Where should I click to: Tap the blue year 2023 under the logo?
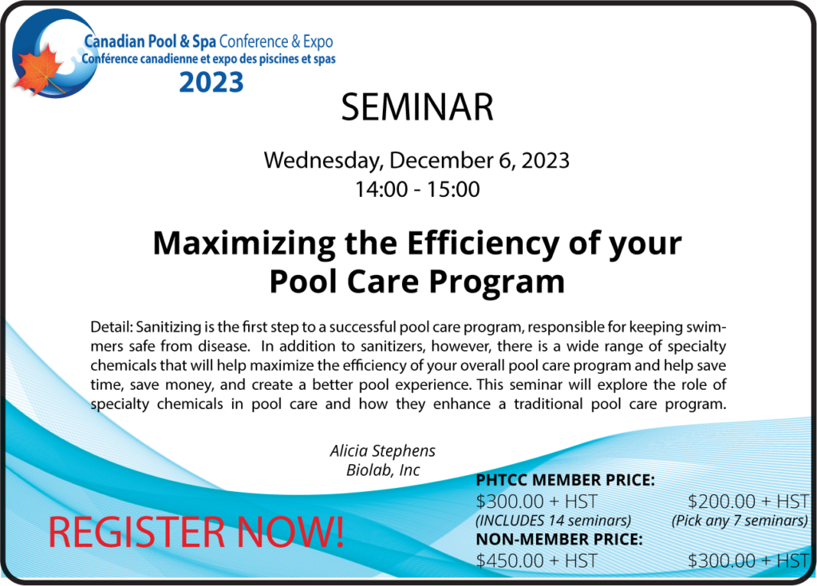[211, 82]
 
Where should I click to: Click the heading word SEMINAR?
[416, 108]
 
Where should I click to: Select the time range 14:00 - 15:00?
[416, 189]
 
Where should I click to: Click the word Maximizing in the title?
[244, 243]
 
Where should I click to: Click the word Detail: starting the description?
[112, 327]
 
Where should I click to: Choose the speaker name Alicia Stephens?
[383, 450]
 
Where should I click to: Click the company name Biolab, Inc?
[383, 470]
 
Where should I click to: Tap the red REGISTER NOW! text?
[196, 532]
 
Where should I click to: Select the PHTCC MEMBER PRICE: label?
[566, 480]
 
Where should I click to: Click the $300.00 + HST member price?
[536, 501]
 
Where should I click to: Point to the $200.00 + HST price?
[748, 501]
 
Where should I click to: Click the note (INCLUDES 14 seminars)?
[554, 521]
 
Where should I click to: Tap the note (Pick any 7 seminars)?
[740, 521]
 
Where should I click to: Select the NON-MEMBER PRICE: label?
[559, 539]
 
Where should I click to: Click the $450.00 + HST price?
[536, 560]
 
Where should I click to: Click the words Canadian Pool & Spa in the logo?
[150, 41]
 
